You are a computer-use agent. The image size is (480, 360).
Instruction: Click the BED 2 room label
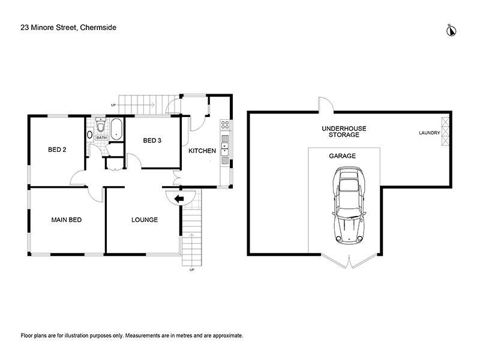(57, 149)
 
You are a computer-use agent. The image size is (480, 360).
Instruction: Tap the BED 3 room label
(152, 140)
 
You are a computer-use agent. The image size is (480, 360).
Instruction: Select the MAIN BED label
(67, 220)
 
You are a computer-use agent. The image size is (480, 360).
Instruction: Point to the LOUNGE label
(145, 220)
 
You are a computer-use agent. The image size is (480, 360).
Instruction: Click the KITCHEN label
(202, 151)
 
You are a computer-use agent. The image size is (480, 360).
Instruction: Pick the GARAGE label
(342, 156)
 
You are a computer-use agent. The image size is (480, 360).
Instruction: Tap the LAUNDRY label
(430, 133)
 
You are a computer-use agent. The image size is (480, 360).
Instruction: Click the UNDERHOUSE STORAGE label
(344, 131)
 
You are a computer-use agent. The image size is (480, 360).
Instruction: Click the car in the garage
(349, 205)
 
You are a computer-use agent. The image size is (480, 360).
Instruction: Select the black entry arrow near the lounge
(179, 199)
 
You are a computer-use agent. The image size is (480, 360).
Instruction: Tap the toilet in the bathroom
(100, 125)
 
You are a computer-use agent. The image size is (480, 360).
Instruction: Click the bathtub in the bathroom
(116, 129)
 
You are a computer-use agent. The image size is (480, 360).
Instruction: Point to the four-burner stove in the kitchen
(225, 125)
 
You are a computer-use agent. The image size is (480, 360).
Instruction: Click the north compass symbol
(451, 31)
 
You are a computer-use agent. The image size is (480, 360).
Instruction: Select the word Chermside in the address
(98, 28)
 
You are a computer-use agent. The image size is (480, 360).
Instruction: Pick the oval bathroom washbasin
(89, 134)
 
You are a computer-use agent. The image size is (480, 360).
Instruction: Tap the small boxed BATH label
(101, 138)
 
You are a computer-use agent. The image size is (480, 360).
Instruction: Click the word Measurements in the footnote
(143, 335)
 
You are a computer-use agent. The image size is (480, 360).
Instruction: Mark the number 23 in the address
(25, 28)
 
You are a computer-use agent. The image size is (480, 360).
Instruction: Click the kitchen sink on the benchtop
(225, 149)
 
